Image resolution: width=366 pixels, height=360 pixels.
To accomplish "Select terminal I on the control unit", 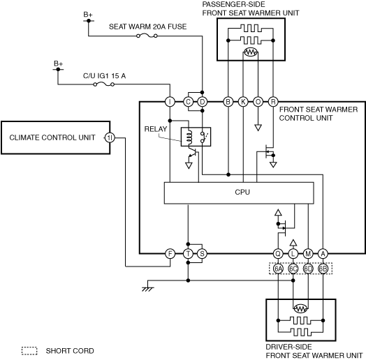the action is (170, 102).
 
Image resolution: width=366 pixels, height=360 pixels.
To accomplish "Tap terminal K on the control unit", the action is (243, 102).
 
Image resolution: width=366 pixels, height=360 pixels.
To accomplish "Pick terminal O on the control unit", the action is (258, 102).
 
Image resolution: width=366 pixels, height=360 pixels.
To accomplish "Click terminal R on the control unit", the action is (273, 102).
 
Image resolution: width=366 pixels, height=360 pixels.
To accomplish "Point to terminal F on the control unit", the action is (170, 254).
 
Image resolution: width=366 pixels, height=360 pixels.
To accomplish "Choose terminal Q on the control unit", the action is (278, 254).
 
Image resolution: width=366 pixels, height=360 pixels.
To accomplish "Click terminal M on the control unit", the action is (308, 254).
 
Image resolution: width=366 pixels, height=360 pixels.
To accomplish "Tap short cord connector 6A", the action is (278, 269).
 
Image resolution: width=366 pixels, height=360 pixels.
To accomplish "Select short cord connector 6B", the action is (323, 269).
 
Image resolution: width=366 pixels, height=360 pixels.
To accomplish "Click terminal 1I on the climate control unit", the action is (110, 138).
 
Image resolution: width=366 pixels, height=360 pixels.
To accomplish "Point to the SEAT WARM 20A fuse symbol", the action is (147, 36).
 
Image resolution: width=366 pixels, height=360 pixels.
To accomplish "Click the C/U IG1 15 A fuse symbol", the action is (103, 84).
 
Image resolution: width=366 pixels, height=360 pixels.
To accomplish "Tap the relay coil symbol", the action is (189, 137).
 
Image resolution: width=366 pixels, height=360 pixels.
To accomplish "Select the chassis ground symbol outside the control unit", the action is (148, 286).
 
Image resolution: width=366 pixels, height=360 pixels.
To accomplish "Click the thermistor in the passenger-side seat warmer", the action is (251, 52).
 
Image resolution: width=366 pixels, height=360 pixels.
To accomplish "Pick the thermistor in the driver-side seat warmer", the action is (300, 308).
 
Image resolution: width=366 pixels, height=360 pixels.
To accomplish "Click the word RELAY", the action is (156, 129).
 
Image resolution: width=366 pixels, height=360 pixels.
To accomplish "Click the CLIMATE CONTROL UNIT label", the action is (52, 137).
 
